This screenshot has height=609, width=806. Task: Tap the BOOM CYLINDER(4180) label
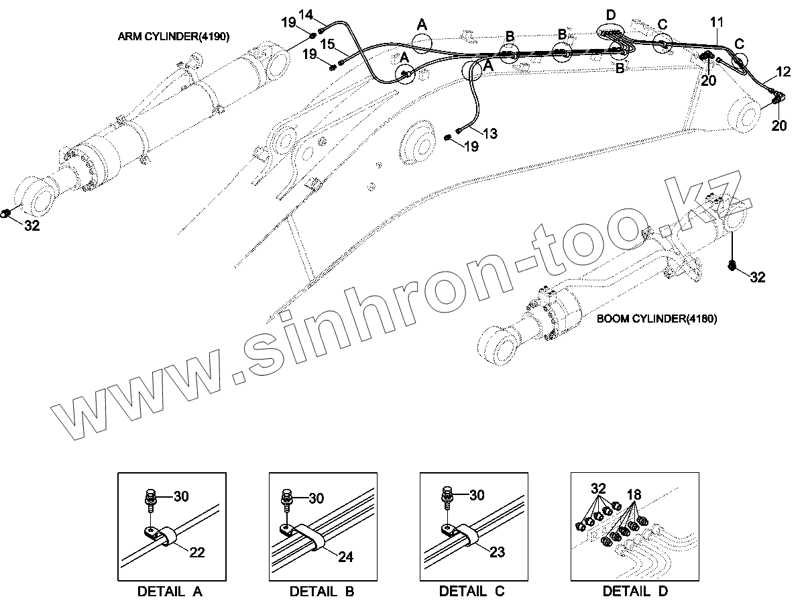click(656, 319)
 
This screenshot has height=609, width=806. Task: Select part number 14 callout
click(305, 14)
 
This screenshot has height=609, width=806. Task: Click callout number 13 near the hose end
click(490, 133)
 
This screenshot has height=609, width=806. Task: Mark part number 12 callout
click(783, 71)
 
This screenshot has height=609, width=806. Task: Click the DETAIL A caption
click(170, 592)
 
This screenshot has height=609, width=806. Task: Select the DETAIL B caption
click(321, 592)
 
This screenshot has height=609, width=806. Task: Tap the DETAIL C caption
click(471, 592)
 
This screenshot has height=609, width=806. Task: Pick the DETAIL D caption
click(635, 592)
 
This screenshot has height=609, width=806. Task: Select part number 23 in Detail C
click(497, 552)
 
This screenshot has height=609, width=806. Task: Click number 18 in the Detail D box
click(634, 495)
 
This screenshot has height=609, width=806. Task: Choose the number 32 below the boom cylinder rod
click(757, 276)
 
